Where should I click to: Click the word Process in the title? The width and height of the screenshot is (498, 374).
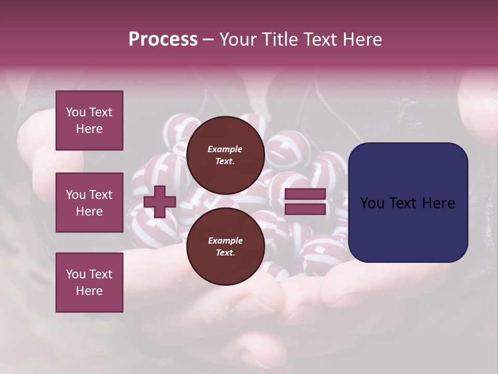(163, 39)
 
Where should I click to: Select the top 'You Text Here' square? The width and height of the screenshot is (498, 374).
(89, 121)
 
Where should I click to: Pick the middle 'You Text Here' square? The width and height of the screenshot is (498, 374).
(89, 203)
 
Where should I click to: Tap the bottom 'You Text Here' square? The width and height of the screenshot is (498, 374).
(89, 283)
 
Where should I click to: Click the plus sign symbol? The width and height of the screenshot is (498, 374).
(160, 202)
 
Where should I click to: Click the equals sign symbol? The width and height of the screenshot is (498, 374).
(305, 202)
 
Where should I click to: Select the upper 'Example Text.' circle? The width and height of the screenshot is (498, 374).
(225, 155)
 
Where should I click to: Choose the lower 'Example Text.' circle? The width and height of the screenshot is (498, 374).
(225, 246)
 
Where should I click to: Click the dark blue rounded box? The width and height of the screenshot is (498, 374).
(408, 203)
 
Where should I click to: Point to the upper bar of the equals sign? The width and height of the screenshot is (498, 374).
(305, 194)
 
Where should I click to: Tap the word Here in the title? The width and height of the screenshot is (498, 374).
(362, 39)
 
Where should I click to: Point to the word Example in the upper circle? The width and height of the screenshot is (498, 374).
(225, 149)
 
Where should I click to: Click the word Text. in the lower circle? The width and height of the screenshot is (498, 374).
(225, 253)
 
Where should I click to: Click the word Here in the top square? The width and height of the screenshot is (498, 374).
(89, 129)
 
